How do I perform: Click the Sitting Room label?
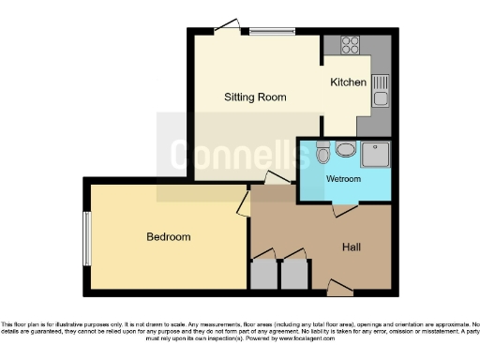point(255,97)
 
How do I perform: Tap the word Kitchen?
point(348,82)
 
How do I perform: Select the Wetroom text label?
point(343,178)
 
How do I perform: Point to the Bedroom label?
point(169,237)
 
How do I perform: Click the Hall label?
point(352,247)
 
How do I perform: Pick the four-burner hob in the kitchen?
point(352,44)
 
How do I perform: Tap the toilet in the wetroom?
point(322,153)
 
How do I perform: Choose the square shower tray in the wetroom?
point(376,153)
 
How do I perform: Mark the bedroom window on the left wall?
point(86,237)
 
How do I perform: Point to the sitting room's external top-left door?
point(226,29)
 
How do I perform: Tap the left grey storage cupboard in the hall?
point(264,275)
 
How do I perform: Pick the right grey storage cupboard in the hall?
point(295,275)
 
